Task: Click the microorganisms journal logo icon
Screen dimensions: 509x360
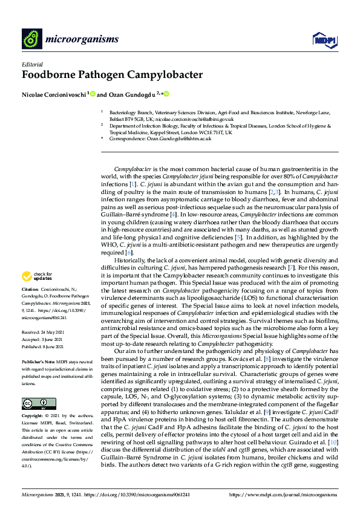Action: click(31, 39)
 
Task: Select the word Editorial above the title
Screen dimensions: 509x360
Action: click(32, 64)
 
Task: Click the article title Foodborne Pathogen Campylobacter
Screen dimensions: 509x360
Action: click(113, 76)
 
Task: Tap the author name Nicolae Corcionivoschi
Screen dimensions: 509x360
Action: click(54, 94)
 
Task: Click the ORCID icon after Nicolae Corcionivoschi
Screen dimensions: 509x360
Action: click(94, 94)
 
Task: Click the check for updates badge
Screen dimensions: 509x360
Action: click(36, 276)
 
